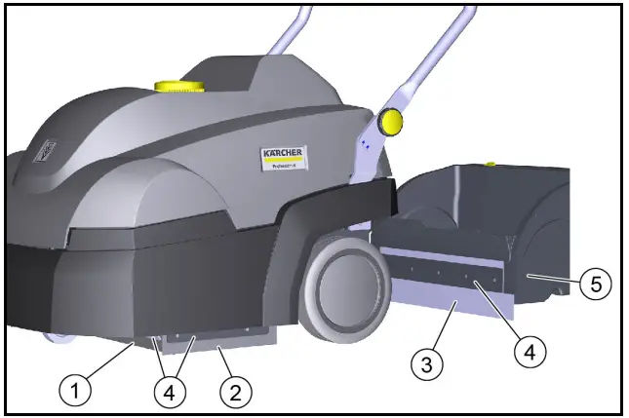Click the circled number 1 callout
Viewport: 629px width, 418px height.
pos(78,391)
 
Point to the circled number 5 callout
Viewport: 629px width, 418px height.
pos(595,285)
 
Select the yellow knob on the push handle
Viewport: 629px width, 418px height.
pos(391,121)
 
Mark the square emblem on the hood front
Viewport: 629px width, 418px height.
pos(45,151)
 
